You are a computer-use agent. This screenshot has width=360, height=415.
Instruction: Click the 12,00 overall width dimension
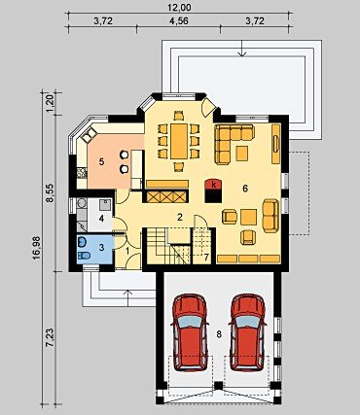(179, 7)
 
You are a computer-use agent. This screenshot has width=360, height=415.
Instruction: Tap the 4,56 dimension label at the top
(179, 21)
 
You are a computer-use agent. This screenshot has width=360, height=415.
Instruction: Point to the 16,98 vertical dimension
(36, 248)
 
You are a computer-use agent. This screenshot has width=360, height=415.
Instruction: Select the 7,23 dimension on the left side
(50, 337)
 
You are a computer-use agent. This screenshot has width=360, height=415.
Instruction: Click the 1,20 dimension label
(50, 104)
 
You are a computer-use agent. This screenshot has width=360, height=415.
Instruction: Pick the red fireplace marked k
(213, 184)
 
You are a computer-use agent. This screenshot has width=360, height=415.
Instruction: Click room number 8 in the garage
(219, 334)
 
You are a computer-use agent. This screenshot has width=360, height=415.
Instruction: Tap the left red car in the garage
(190, 332)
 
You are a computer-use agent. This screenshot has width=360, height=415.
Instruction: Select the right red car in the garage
(248, 332)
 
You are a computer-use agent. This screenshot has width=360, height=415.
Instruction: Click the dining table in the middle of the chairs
(179, 141)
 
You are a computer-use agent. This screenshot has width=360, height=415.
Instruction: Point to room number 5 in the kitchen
(101, 162)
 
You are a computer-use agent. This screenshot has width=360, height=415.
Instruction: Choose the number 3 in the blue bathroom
(101, 248)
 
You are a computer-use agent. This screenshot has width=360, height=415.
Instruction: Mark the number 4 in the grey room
(101, 219)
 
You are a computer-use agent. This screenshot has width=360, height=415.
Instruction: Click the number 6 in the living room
(245, 188)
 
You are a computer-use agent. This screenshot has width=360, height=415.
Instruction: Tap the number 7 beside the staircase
(206, 258)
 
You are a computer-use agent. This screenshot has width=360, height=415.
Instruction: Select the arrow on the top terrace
(242, 48)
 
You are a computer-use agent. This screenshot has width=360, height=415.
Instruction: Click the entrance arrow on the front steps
(128, 298)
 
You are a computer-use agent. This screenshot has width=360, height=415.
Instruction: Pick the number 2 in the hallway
(180, 217)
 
